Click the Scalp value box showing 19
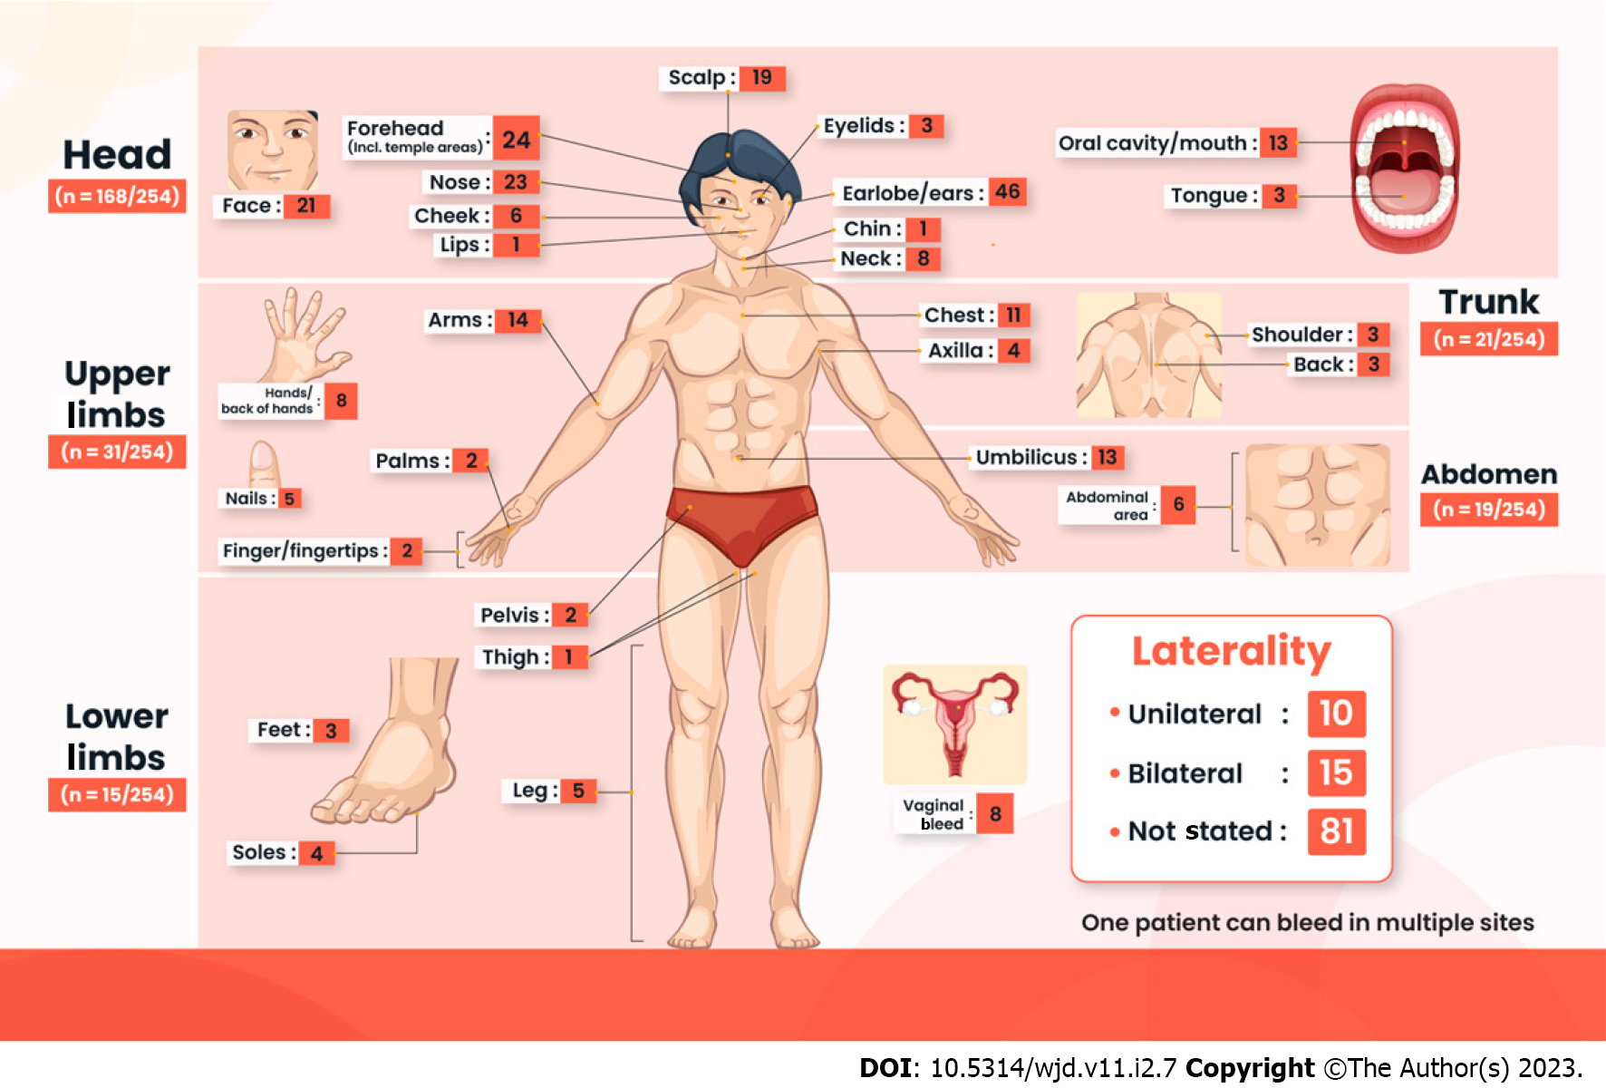point(762,78)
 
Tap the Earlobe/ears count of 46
point(1007,192)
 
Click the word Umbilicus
point(1026,458)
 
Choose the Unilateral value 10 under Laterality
point(1336,714)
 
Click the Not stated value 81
point(1336,831)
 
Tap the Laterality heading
point(1232,651)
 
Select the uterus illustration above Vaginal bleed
point(955,724)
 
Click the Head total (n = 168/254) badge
point(117,196)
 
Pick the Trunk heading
point(1488,302)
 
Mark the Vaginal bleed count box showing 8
point(995,814)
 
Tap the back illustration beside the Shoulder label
point(1148,355)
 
